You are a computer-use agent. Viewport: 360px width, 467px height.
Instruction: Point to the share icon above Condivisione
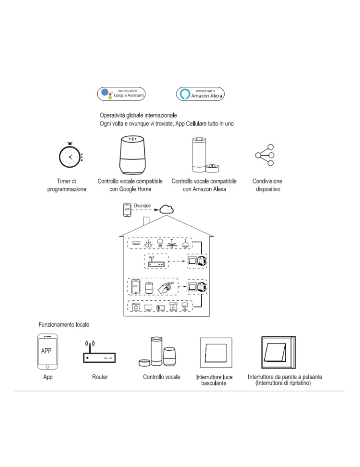click(265, 154)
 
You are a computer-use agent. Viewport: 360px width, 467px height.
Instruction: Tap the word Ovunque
click(142, 205)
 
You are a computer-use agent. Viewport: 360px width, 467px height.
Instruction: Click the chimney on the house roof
click(146, 220)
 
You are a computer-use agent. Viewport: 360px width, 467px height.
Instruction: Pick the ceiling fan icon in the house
click(173, 243)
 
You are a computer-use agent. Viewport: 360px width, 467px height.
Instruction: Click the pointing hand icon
click(167, 286)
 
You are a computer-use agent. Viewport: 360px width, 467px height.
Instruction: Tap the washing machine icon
click(136, 307)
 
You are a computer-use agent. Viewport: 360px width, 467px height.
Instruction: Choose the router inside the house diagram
click(156, 263)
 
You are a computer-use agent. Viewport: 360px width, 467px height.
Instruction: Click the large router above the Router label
click(99, 354)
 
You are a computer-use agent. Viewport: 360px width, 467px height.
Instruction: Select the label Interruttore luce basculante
click(214, 380)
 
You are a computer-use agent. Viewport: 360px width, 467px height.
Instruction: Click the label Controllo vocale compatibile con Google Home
click(130, 185)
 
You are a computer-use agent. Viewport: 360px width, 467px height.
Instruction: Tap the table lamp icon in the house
click(184, 306)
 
